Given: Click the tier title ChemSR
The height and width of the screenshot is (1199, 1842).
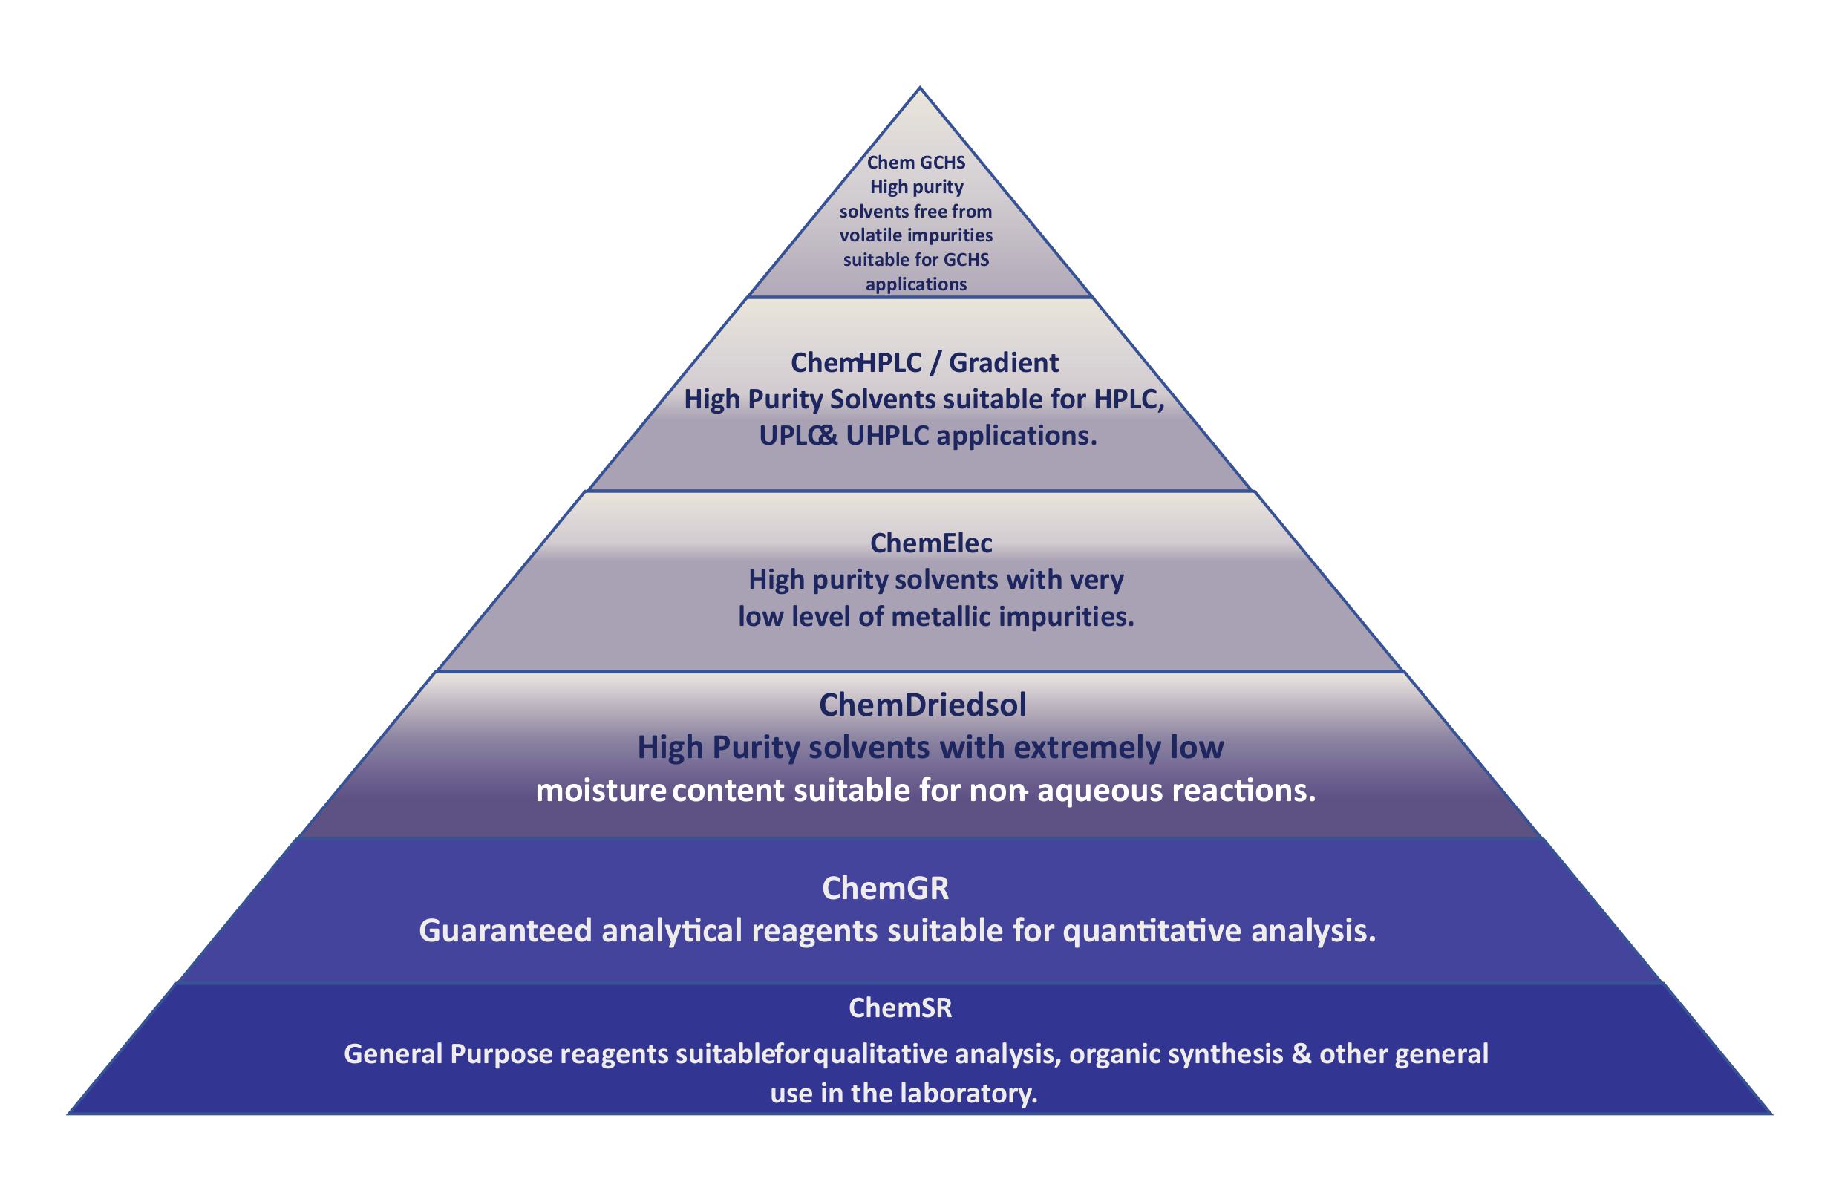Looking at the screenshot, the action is [x=900, y=1007].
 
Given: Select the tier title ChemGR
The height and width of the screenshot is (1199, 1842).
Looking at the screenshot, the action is [x=886, y=888].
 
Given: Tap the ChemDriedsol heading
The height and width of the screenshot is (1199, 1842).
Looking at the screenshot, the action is [x=923, y=705].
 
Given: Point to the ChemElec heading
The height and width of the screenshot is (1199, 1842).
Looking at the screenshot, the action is [x=931, y=543].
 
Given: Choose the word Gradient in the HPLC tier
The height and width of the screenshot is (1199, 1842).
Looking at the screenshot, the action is [x=1004, y=362].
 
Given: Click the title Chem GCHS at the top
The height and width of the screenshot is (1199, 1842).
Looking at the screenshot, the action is [x=916, y=163].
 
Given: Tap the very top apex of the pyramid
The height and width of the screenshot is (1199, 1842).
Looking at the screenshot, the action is [x=919, y=88].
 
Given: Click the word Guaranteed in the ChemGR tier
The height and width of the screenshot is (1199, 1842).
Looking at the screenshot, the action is [x=506, y=930].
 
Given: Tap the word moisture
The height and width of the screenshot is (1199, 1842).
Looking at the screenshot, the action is [x=601, y=791].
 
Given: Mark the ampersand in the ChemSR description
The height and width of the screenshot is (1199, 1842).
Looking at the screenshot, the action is [x=1302, y=1054].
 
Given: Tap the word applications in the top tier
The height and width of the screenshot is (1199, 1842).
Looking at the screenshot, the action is [x=916, y=285].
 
